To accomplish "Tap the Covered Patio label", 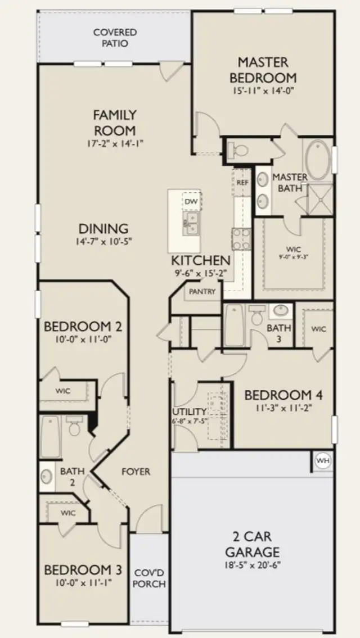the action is point(115,38).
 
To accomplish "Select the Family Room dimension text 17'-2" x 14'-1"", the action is point(115,143).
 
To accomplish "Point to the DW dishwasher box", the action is point(191,201).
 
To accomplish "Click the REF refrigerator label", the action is point(242,182).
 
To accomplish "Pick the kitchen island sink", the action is point(191,223).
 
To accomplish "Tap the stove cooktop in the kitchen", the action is point(241,238).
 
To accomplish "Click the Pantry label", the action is point(202,292).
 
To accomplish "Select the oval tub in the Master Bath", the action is point(318,160).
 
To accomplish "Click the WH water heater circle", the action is point(323,461).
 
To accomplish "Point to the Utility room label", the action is point(189,411).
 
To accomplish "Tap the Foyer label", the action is point(136,472).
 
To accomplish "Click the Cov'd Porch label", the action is point(150,578).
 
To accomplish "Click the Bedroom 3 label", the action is point(83,569).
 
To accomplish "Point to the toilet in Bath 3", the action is point(257,315).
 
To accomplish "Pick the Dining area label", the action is point(103,229).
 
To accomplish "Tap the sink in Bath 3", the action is point(281,311).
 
